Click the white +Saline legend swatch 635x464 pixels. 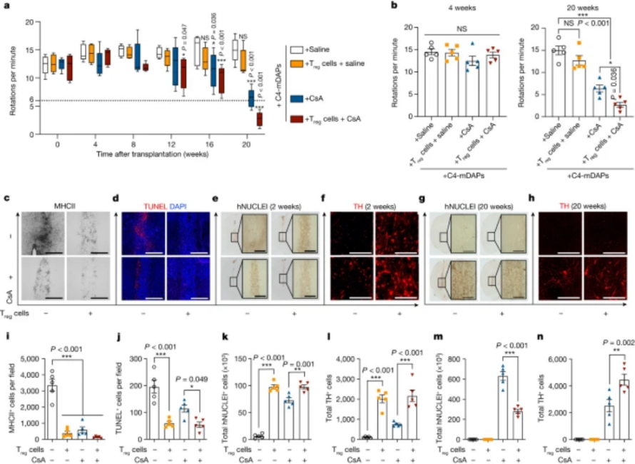click(x=296, y=50)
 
